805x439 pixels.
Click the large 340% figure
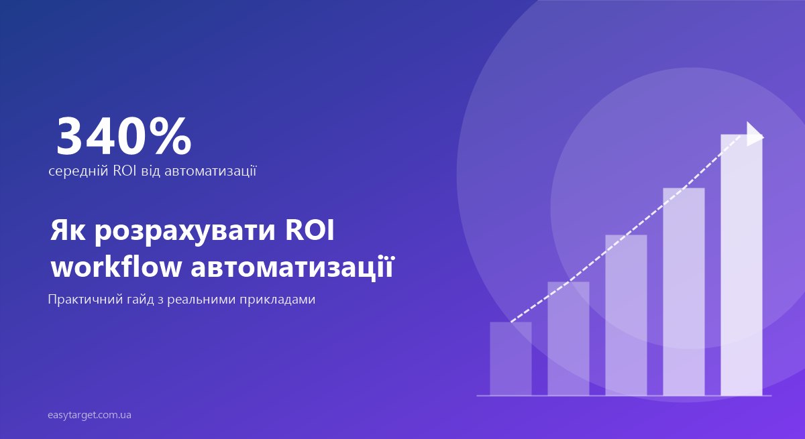tap(123, 137)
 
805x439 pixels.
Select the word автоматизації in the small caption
tap(210, 171)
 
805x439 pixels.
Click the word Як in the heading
tap(68, 230)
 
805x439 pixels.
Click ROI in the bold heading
tap(310, 230)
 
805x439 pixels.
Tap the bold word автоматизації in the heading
tap(292, 267)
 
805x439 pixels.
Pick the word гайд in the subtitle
tap(140, 300)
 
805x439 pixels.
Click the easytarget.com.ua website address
tap(89, 416)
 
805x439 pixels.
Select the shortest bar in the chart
tap(511, 359)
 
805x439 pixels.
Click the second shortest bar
tap(568, 338)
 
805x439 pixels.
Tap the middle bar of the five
tap(626, 315)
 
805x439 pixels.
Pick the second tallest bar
tap(684, 292)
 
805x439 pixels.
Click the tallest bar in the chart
tap(741, 265)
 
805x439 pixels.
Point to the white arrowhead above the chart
tap(754, 134)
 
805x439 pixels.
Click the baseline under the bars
tap(624, 396)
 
